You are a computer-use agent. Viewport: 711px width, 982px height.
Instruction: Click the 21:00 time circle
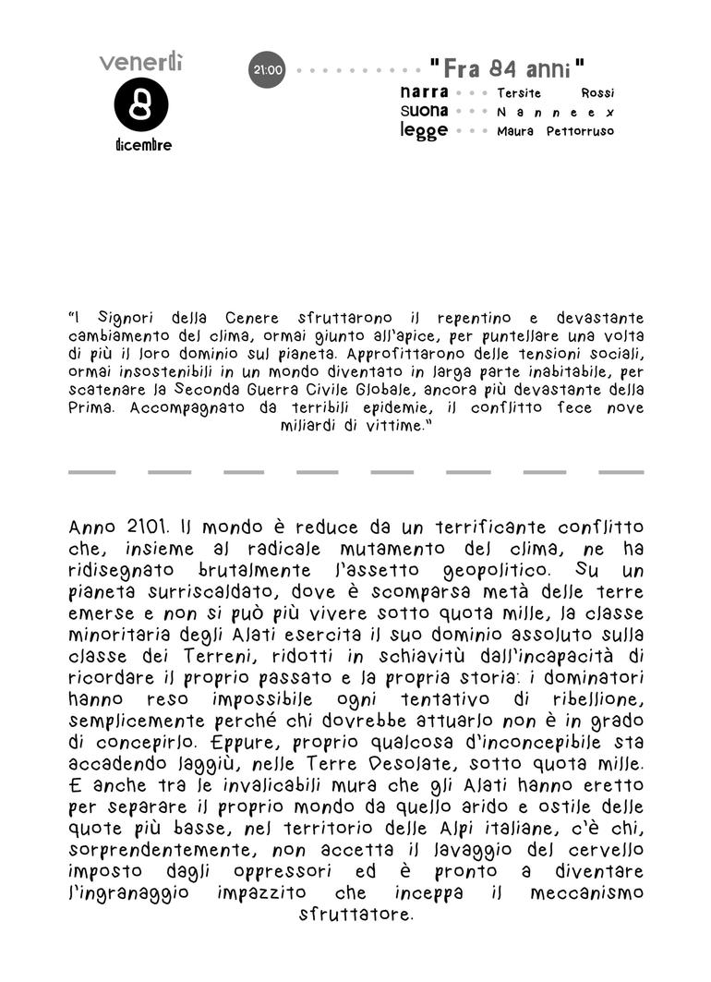click(267, 69)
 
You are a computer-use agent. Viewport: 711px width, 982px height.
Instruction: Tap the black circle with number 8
click(141, 104)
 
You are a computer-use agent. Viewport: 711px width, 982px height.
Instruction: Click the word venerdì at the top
click(141, 62)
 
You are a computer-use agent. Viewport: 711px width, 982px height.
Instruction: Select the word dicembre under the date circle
click(143, 145)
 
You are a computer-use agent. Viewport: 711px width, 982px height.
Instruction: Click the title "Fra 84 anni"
click(508, 69)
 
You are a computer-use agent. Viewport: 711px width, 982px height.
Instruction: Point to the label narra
click(425, 92)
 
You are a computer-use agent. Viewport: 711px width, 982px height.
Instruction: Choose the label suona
click(425, 111)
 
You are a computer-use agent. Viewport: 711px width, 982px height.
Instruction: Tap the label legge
click(424, 130)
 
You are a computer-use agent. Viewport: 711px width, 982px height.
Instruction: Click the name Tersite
click(519, 93)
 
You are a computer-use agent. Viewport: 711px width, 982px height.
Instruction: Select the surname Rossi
click(597, 93)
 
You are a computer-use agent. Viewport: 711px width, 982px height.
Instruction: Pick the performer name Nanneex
click(555, 112)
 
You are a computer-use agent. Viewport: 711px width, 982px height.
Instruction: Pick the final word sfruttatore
click(356, 915)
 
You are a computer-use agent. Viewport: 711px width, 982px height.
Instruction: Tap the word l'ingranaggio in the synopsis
click(128, 893)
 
